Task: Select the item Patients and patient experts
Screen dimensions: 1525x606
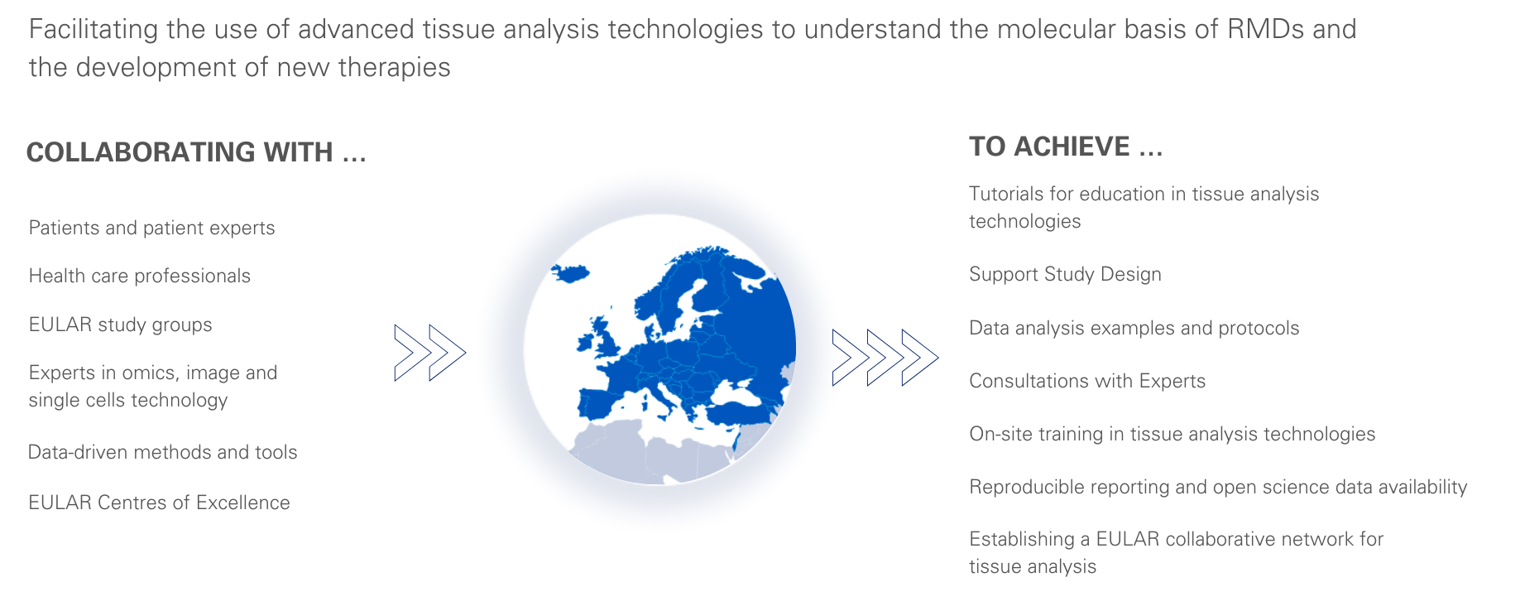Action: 151,228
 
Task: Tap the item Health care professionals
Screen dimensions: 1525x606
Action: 139,276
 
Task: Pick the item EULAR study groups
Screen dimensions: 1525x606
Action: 120,325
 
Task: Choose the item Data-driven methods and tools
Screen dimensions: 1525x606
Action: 162,452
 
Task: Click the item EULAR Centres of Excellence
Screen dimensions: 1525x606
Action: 159,503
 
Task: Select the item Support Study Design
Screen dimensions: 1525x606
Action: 1065,275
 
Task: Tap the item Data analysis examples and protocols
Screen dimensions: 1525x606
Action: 1134,328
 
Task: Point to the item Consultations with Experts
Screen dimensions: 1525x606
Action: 1087,381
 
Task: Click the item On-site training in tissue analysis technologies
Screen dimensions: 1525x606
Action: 1172,434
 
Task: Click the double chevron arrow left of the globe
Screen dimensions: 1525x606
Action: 430,353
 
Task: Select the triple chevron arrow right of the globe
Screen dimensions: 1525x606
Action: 885,358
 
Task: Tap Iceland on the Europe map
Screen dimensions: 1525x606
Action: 569,272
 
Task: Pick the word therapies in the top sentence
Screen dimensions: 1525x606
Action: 394,68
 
